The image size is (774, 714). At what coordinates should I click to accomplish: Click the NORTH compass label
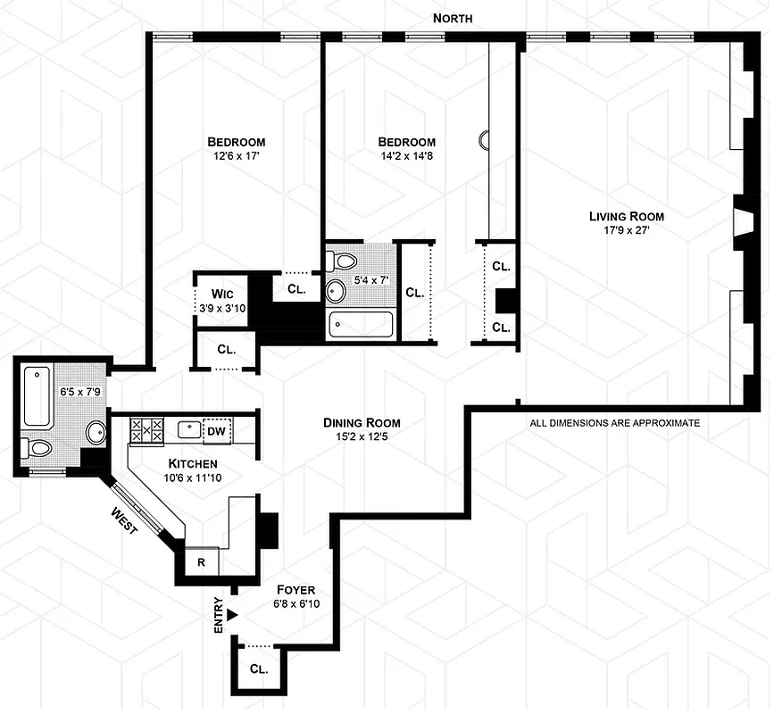(x=453, y=18)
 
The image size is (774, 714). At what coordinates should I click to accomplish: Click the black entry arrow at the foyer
(x=232, y=614)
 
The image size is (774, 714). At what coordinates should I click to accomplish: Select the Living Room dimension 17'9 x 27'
(x=626, y=231)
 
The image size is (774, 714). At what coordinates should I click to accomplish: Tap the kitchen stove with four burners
(x=146, y=432)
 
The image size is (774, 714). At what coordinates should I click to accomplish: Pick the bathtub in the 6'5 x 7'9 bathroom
(x=37, y=396)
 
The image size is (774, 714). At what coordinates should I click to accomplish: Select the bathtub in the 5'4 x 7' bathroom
(x=361, y=324)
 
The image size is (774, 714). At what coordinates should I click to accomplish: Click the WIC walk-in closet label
(x=222, y=293)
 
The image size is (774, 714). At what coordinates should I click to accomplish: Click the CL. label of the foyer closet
(x=258, y=668)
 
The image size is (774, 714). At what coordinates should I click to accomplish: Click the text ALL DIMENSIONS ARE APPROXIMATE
(x=614, y=423)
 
